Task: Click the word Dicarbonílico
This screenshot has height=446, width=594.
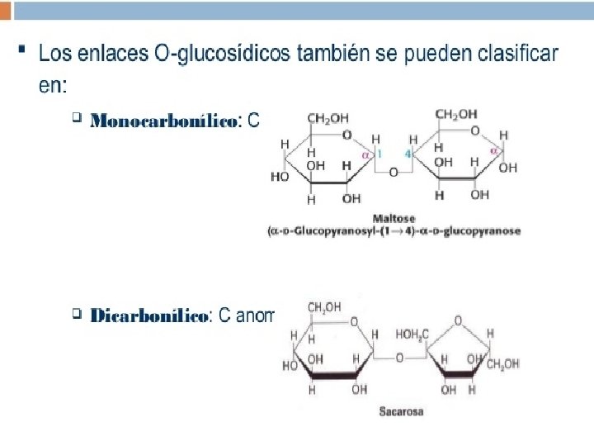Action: click(x=149, y=316)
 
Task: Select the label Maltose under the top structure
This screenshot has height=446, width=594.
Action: click(x=395, y=217)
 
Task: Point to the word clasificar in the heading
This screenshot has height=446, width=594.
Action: click(x=516, y=55)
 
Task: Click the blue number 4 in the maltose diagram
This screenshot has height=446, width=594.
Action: click(x=408, y=154)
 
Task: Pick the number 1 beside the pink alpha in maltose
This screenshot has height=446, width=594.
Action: click(x=379, y=154)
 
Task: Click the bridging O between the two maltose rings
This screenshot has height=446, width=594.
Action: click(x=394, y=172)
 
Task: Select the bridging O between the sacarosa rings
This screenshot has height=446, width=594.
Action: click(x=399, y=358)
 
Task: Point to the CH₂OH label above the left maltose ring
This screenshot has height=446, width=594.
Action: click(x=328, y=118)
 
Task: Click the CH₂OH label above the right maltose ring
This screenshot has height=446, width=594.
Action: click(x=455, y=115)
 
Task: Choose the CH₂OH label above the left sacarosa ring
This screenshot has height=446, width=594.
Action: click(x=324, y=307)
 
